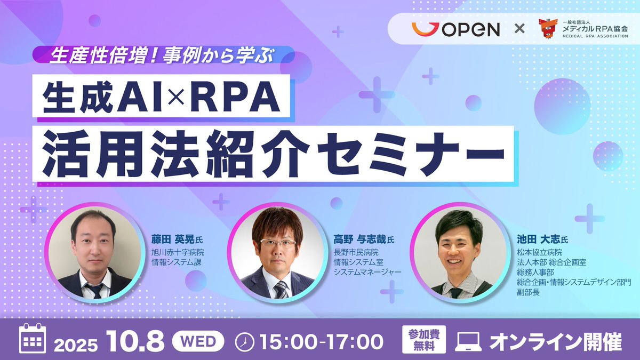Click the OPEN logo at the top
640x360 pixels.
point(456,29)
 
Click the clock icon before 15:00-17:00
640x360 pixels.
point(244,341)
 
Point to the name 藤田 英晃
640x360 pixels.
point(170,239)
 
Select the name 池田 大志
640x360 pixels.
point(535,239)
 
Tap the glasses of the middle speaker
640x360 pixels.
point(278,243)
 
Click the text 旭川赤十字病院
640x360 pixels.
point(178,252)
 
